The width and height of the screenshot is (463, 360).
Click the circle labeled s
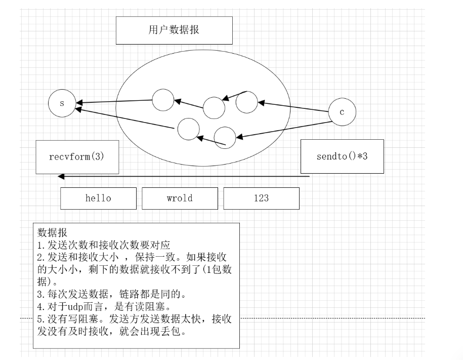pos(62,103)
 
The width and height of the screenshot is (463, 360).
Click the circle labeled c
pos(342,112)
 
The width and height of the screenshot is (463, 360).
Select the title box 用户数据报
pos(174,30)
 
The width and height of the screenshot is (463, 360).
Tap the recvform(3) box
pos(77,157)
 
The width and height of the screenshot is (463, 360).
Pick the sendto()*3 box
pos(342,156)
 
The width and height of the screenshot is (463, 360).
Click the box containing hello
pos(98,198)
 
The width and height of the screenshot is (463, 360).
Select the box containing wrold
pos(180,198)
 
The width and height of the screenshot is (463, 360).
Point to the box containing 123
pos(261,198)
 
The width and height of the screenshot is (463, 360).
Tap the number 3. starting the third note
pos(41,294)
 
